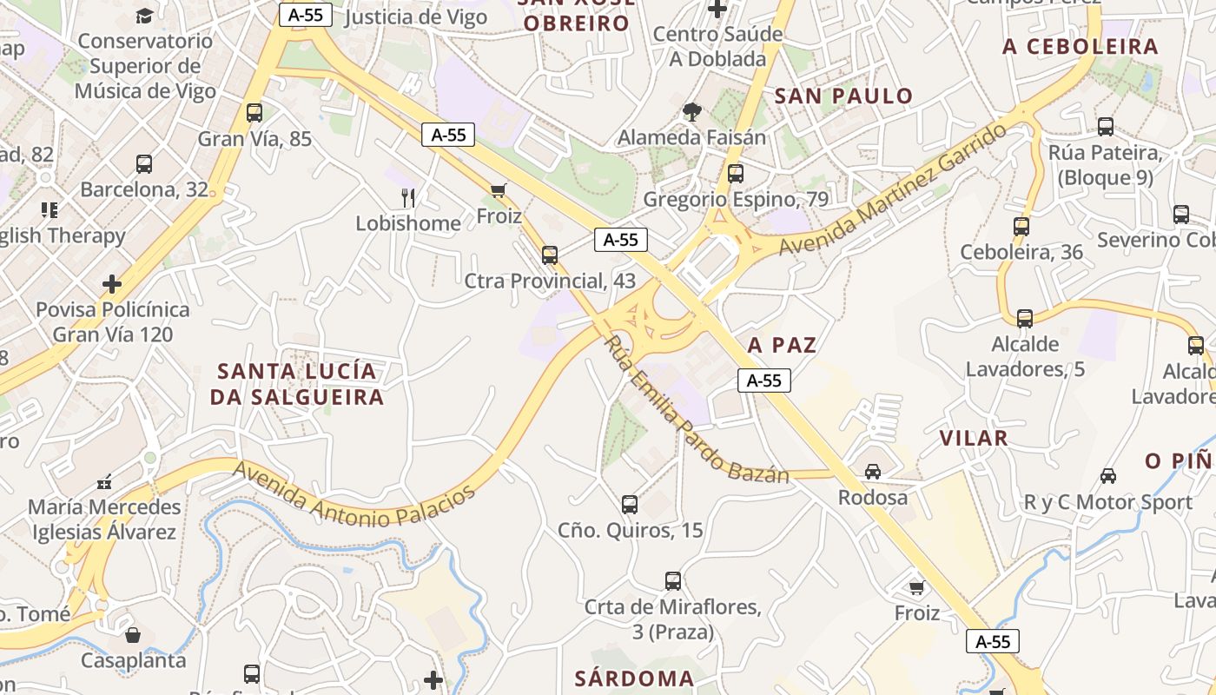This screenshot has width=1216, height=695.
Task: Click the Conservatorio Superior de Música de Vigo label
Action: (x=144, y=66)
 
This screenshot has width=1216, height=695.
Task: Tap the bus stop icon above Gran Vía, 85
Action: (x=254, y=113)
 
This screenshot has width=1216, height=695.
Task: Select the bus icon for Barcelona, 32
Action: (x=144, y=164)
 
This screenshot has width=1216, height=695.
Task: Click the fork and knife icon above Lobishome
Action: (x=408, y=198)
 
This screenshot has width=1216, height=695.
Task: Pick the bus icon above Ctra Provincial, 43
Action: (x=549, y=255)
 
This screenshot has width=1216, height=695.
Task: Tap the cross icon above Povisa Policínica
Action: (x=112, y=284)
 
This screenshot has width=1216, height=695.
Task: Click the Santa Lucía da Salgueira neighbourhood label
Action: (x=297, y=384)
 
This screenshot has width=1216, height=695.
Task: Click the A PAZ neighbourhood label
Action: (x=782, y=346)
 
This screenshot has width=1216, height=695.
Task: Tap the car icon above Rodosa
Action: (x=873, y=472)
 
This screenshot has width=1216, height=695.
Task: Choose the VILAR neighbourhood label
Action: (x=974, y=439)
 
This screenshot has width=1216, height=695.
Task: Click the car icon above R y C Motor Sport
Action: (x=1107, y=476)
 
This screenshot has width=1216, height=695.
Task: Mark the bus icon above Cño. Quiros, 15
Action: (x=630, y=505)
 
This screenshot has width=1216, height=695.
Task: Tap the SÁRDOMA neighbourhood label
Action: (x=634, y=678)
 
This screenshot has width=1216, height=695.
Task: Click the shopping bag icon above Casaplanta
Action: (x=133, y=635)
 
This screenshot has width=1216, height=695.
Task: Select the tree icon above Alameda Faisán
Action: (x=692, y=111)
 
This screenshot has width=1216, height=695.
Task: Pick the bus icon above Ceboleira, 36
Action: (x=1021, y=227)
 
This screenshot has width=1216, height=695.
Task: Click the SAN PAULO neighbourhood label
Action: (x=843, y=96)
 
